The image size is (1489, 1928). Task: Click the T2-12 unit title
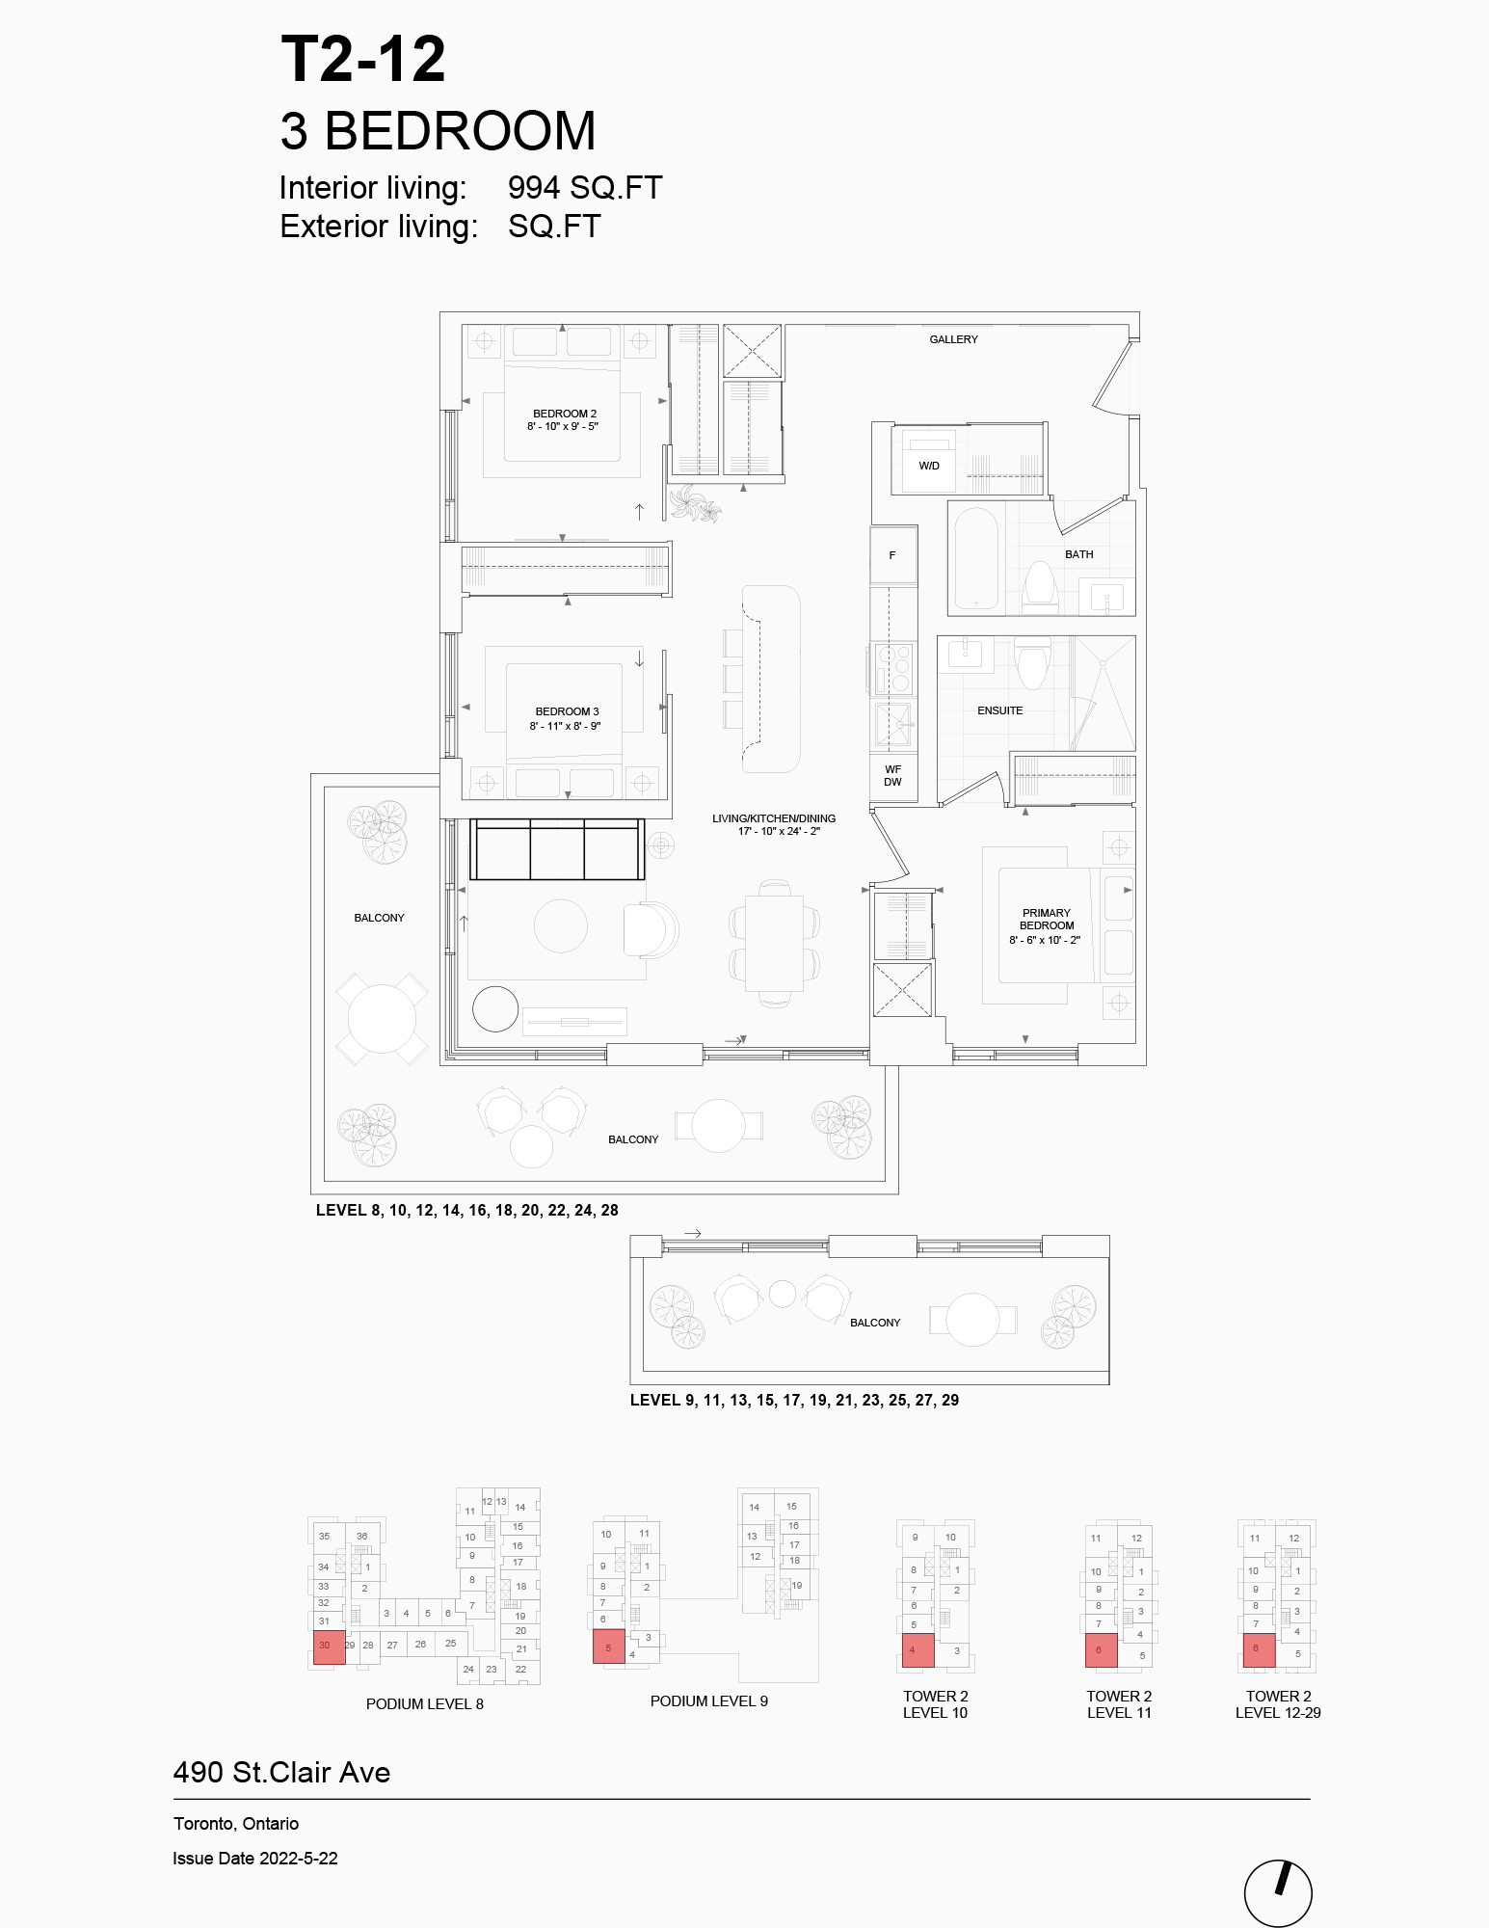pos(363,60)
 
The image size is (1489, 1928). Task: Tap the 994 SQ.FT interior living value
pos(585,188)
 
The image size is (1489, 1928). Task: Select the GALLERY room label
pos(953,339)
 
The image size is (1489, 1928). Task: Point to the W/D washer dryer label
pos(929,466)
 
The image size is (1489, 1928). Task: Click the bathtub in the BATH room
pos(975,558)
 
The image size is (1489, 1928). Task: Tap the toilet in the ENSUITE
pos(1031,662)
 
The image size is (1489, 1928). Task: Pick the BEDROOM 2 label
pos(565,414)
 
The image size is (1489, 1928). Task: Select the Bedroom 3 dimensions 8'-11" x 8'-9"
pos(565,726)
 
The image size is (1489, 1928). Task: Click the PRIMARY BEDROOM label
pos(1047,919)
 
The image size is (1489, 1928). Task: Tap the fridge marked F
pos(893,555)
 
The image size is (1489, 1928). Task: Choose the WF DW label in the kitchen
pos(893,776)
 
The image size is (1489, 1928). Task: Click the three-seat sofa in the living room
pos(557,849)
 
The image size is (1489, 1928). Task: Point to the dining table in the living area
pos(774,943)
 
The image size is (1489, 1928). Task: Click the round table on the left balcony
pos(382,1019)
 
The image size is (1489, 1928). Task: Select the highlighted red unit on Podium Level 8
pos(330,1647)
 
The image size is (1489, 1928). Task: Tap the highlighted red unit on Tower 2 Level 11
pos(1102,1650)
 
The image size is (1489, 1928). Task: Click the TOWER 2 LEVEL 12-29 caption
pos(1278,1704)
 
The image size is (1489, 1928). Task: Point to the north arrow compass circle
pos(1278,1893)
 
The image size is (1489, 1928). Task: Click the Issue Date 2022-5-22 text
pos(255,1859)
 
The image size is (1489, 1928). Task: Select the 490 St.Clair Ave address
pos(281,1772)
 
